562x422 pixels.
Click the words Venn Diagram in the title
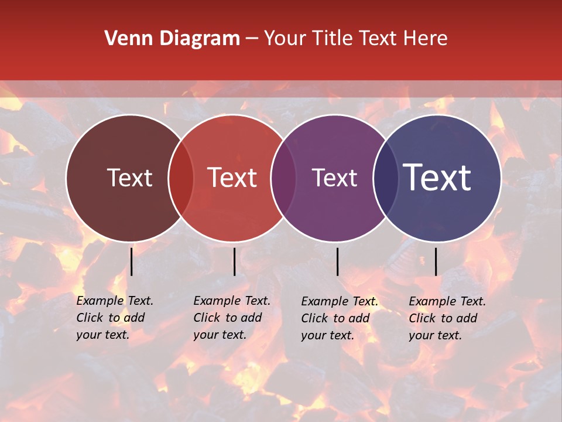172,39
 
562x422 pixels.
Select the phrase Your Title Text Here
355,39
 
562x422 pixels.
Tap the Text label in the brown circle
129,178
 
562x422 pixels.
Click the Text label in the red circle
232,178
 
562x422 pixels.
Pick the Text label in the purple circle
334,178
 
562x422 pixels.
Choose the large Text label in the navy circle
437,178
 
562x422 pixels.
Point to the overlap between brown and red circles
181,178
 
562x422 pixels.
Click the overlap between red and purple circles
283,178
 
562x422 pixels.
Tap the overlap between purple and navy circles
386,178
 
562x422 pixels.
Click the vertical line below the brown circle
132,261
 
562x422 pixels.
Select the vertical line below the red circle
234,261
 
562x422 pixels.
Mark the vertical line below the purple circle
337,261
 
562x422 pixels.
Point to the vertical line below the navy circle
436,261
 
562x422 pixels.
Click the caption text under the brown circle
114,318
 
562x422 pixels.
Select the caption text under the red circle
231,318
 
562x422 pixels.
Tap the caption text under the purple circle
339,318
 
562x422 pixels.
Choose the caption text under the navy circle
447,318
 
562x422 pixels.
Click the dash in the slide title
252,39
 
